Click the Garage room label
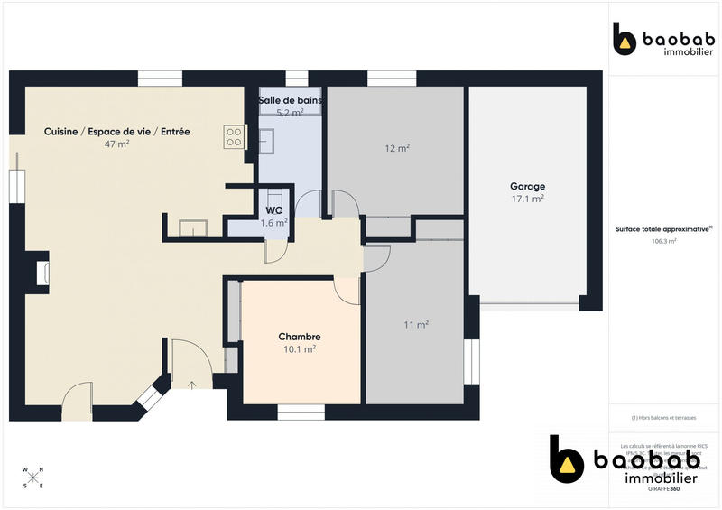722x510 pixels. point(528,187)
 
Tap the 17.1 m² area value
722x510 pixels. point(528,199)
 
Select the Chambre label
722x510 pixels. point(300,337)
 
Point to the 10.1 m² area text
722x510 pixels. point(300,348)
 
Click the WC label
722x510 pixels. point(273,210)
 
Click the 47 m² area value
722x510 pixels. point(117,144)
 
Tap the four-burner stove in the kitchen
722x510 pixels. point(234,136)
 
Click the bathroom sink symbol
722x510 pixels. point(267,139)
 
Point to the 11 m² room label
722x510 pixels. point(415,324)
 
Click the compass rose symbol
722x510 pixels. point(32,478)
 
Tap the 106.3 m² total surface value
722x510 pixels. point(663,241)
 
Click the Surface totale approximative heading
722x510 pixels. point(663,229)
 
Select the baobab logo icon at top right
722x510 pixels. point(625,40)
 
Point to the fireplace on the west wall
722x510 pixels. point(41,274)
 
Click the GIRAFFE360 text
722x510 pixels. point(665,488)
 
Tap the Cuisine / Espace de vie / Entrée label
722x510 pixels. point(117,132)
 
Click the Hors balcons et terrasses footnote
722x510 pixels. point(663,418)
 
